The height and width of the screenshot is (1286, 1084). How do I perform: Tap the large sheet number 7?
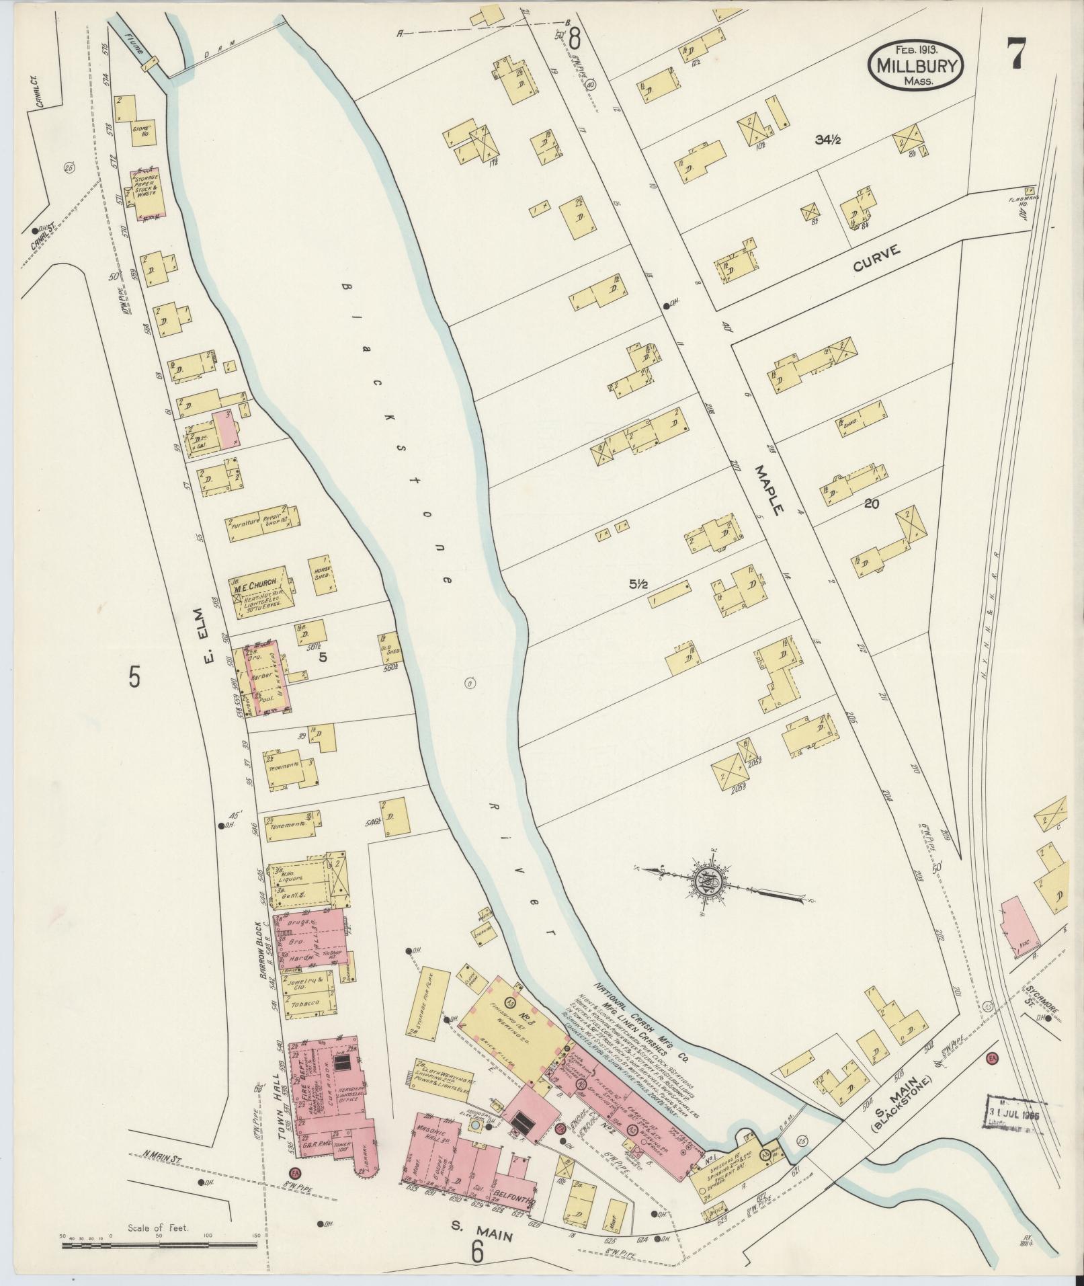(1015, 52)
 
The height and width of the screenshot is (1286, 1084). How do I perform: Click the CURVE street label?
(876, 258)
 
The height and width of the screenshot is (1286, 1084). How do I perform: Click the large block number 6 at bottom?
(478, 1250)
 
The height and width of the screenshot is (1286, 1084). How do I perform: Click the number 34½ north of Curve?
(828, 140)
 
